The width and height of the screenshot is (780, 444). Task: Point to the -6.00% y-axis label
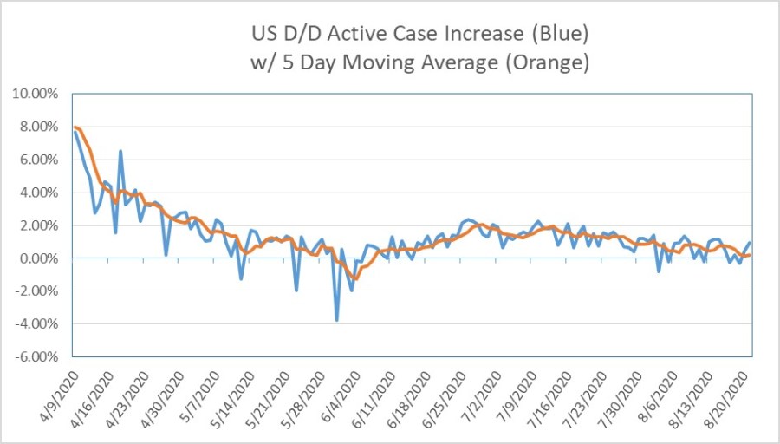[36, 356]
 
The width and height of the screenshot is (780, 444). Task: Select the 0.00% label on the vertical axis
[38, 258]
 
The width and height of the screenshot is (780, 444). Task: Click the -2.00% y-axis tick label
[36, 291]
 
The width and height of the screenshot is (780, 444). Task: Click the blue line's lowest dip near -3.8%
[336, 320]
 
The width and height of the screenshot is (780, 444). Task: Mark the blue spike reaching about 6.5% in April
[120, 151]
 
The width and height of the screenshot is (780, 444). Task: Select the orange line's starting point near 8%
[75, 127]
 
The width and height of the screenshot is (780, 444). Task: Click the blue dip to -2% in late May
[296, 290]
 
